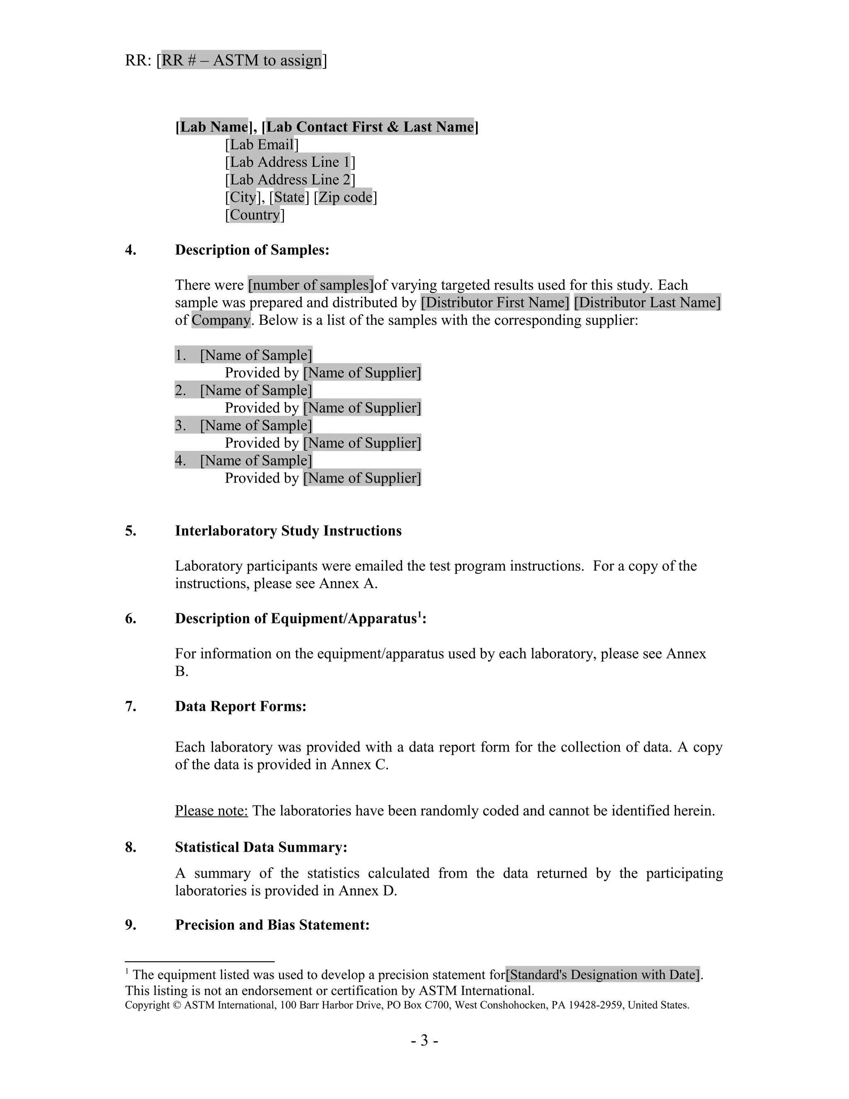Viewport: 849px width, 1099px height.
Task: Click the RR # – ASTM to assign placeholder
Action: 241,61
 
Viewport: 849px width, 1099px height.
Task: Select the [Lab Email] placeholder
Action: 262,145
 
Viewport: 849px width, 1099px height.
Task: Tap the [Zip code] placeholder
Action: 345,197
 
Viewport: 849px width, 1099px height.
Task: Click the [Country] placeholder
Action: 255,215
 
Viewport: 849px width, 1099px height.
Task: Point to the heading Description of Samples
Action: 252,250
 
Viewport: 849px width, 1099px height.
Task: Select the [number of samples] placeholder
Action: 311,285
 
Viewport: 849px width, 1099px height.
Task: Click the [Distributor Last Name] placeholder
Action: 647,302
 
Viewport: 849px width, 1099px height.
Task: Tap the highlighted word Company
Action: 221,320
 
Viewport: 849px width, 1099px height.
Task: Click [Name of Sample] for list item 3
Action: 256,426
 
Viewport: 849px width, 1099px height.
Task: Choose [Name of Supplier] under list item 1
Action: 362,373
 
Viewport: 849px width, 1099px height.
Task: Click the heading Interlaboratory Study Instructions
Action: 288,531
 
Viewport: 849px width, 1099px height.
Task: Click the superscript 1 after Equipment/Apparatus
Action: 420,615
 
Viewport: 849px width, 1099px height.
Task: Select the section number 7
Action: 130,707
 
